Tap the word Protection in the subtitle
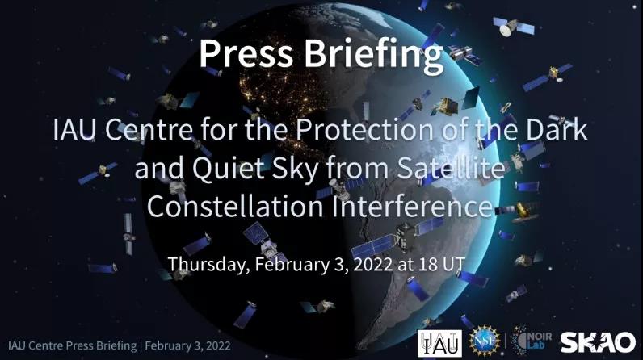coord(364,129)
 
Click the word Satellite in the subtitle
coord(450,168)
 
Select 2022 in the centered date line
coord(372,265)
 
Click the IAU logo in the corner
coord(439,343)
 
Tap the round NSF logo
coord(485,341)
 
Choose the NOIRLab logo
coord(532,340)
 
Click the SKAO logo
coord(598,342)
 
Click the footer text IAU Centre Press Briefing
coord(72,345)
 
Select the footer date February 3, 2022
coord(187,345)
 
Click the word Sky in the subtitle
coord(296,169)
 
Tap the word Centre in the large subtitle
coord(149,129)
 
